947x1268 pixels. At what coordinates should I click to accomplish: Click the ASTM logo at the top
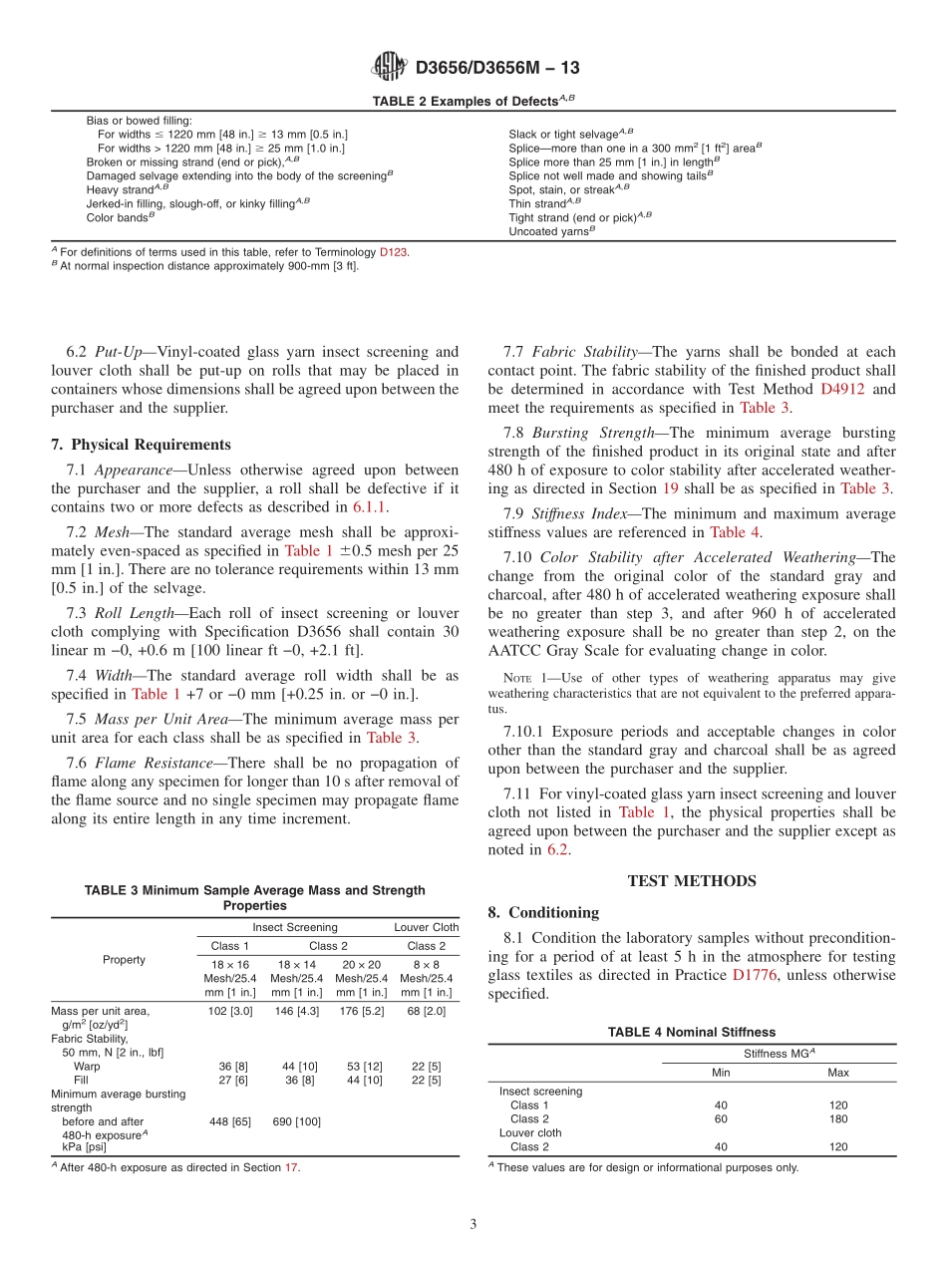pos(389,67)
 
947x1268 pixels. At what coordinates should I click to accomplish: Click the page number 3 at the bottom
pos(473,1224)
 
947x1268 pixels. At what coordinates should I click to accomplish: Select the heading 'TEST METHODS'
pos(692,880)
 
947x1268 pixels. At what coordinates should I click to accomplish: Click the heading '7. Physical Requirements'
pos(141,445)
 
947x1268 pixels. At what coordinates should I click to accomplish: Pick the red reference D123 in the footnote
pos(393,252)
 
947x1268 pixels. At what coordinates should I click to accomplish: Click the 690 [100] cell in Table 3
pos(296,1121)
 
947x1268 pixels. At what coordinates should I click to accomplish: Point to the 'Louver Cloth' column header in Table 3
pos(427,927)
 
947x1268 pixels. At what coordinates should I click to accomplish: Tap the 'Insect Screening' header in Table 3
pos(295,927)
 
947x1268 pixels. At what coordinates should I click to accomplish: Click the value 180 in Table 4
pos(838,1118)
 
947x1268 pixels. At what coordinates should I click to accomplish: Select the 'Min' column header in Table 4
pos(721,1073)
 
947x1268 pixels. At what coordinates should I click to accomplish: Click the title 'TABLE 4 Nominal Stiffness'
pos(692,1032)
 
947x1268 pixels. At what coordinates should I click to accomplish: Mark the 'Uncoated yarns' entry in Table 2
pos(551,230)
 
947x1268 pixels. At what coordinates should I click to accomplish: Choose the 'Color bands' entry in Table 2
pos(120,216)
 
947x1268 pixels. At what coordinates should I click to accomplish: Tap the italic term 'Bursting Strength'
pos(587,433)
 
